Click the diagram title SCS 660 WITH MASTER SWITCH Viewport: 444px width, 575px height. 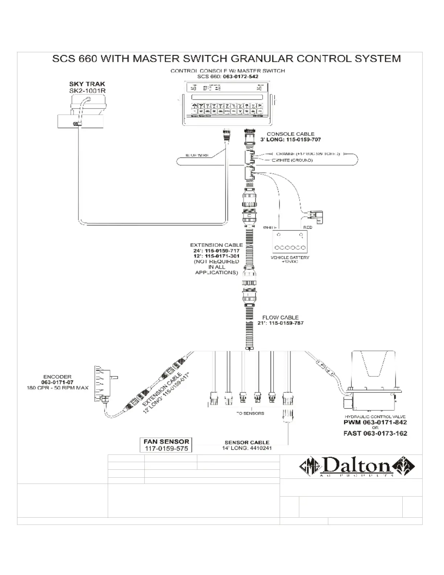(226, 59)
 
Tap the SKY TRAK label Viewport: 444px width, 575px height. (87, 84)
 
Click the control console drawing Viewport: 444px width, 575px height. (227, 103)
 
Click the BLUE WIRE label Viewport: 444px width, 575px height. (197, 155)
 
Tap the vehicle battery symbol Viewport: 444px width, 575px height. (290, 241)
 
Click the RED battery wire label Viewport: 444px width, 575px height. (308, 227)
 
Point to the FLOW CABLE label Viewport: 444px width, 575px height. (280, 317)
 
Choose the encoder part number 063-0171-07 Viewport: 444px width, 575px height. (57, 382)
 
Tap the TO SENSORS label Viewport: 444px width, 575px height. (250, 413)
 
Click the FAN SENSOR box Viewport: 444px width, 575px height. (166, 445)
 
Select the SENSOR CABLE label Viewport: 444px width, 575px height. (247, 443)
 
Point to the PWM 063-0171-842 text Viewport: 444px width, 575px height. (375, 422)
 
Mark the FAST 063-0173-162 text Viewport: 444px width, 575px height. (375, 433)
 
